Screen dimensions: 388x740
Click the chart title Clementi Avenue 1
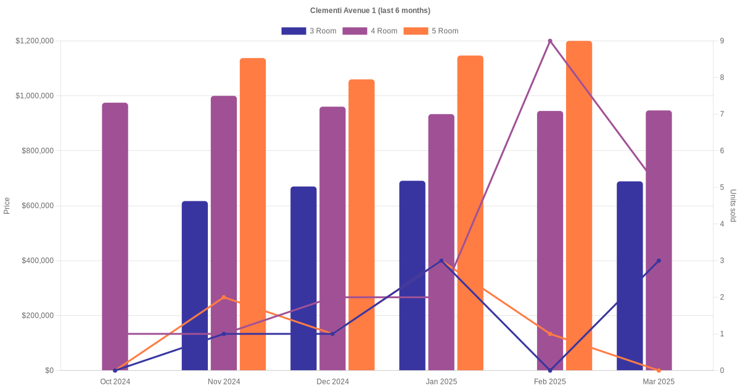tap(370, 10)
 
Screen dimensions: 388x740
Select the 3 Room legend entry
tap(308, 31)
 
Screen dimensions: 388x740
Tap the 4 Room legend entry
tap(369, 31)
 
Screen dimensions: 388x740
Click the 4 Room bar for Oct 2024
tap(115, 236)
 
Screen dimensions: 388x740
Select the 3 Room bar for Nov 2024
tap(195, 286)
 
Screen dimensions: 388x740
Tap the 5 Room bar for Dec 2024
tap(361, 225)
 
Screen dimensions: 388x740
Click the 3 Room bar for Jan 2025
tap(412, 275)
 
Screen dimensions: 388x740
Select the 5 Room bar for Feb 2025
tap(579, 206)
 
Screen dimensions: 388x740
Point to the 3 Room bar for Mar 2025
tap(630, 276)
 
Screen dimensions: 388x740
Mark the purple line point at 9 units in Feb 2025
tap(550, 41)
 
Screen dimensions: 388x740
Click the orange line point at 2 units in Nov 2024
tap(224, 297)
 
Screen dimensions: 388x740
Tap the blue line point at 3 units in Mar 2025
tap(659, 261)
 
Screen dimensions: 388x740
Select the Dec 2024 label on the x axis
tap(332, 382)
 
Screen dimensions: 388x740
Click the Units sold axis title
tap(733, 206)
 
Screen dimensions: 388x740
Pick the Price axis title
tap(7, 206)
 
